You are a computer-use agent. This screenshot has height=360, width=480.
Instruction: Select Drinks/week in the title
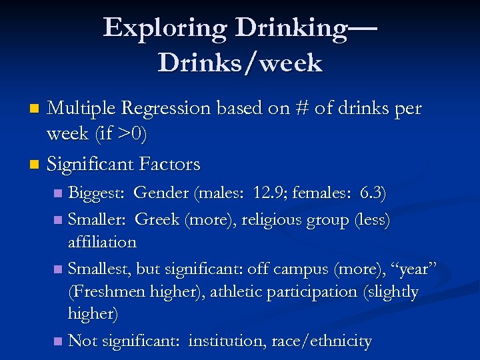240,63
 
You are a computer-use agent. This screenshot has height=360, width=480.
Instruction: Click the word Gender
161,193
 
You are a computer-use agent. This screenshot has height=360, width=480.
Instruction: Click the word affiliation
102,242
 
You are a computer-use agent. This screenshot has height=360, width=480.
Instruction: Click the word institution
227,341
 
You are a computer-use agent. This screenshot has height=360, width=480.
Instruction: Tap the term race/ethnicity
322,341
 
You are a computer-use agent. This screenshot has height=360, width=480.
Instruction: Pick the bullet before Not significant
58,341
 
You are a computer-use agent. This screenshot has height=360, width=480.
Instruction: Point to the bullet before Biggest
58,194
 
